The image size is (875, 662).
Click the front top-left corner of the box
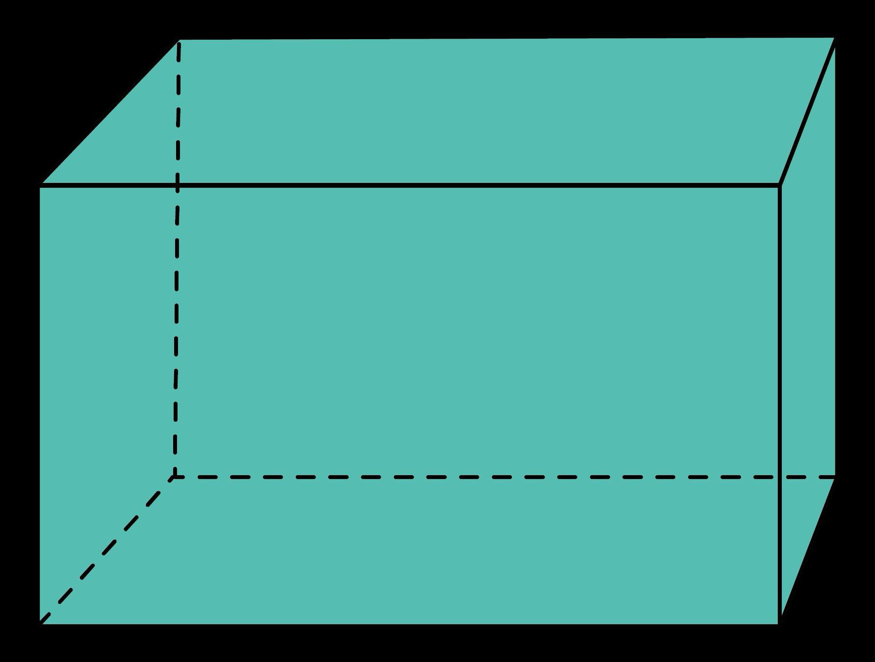(x=40, y=185)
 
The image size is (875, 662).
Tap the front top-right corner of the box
(x=779, y=185)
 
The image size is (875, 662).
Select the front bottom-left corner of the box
(x=40, y=624)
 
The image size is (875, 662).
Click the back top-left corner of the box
(x=179, y=41)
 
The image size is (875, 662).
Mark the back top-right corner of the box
(x=834, y=38)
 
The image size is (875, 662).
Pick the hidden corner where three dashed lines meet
(x=174, y=477)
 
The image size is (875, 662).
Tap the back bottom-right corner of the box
(x=835, y=477)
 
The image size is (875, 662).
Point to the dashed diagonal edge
(x=108, y=549)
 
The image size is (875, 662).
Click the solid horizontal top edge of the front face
(x=441, y=185)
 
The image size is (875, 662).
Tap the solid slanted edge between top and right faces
(x=807, y=112)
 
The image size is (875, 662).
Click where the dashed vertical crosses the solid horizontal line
(x=178, y=185)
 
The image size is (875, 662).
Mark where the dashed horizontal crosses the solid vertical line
(x=779, y=477)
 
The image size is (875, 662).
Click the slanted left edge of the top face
(x=110, y=113)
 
